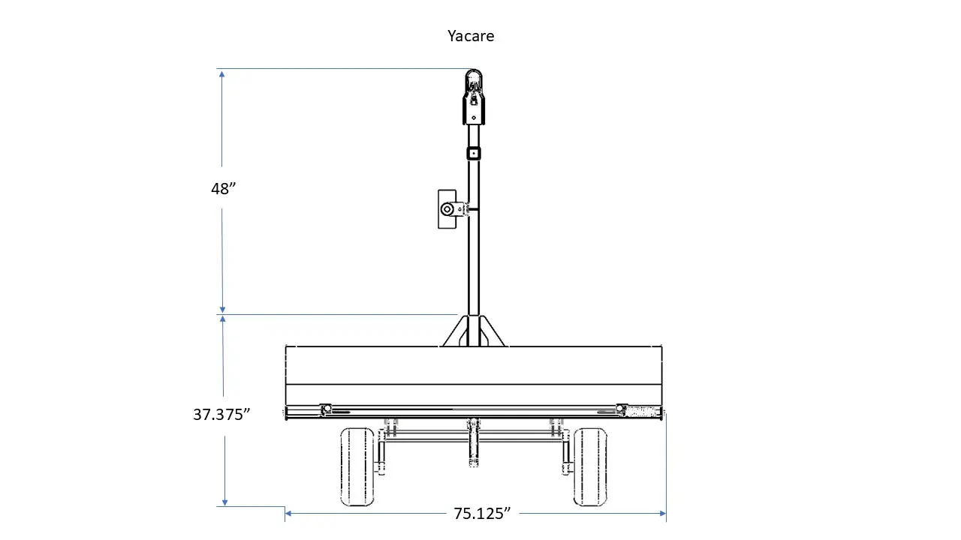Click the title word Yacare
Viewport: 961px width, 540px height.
coord(471,36)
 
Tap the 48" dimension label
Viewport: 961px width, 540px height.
coord(223,188)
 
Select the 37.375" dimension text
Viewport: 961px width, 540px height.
coord(221,415)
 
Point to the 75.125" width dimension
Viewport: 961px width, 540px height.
coord(482,514)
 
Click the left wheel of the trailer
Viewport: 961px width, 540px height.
coord(357,466)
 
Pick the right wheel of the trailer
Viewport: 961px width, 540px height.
coord(590,466)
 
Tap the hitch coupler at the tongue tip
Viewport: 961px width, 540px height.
coord(474,97)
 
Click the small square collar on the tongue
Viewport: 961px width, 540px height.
coord(474,154)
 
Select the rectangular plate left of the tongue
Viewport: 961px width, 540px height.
coord(447,209)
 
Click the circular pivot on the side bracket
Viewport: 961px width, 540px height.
coord(447,209)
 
